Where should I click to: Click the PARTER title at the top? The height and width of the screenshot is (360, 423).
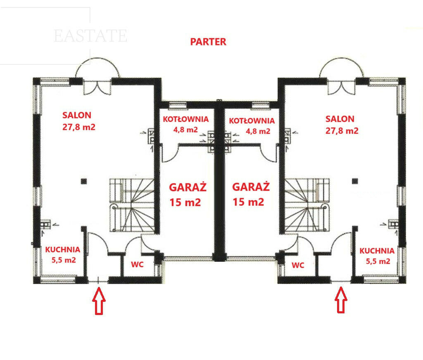[208, 42]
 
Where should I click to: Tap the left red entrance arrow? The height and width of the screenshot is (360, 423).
[99, 301]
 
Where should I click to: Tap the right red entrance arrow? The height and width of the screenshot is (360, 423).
[341, 300]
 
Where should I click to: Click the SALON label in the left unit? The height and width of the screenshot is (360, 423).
[77, 115]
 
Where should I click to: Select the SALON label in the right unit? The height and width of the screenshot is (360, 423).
[340, 119]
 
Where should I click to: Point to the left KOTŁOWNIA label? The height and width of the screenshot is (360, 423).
[185, 119]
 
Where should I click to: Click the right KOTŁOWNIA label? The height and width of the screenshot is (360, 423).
[252, 121]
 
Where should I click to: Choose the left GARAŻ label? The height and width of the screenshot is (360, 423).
[188, 187]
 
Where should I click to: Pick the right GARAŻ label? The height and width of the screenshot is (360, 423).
[251, 187]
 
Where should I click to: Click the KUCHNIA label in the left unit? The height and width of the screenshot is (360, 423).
[63, 250]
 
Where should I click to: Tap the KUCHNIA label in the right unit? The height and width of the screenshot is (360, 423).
[377, 251]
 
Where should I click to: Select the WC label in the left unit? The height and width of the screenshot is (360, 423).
[137, 265]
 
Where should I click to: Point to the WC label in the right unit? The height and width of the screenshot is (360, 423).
[298, 265]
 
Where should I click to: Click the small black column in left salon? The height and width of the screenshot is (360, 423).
[84, 181]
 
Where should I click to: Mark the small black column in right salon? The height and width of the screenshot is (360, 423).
[355, 181]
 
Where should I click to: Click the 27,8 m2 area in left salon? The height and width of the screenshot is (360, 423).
[79, 127]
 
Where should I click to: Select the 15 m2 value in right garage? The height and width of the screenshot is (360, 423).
[248, 202]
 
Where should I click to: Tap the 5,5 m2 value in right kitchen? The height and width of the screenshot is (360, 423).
[378, 261]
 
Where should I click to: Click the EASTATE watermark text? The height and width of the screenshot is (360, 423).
[90, 36]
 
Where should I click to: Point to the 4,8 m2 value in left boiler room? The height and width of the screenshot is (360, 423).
[185, 130]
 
